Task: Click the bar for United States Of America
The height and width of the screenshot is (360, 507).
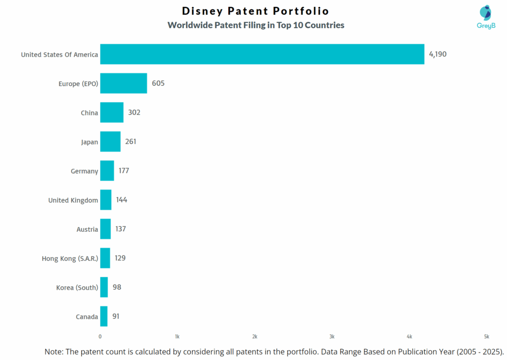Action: coord(262,54)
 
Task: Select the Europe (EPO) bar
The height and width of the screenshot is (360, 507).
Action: coord(123,83)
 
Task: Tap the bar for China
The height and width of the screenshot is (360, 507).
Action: coord(111,112)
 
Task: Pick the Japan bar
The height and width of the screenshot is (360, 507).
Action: coord(110,142)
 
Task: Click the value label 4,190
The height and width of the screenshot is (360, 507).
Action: coord(438,54)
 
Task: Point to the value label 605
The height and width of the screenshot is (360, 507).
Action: coord(158,83)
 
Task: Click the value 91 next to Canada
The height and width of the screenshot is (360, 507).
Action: coord(115,316)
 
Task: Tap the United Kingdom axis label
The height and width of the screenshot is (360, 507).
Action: coord(73,200)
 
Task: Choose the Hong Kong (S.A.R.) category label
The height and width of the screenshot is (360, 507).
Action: coord(70,258)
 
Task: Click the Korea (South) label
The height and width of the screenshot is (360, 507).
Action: coord(77,287)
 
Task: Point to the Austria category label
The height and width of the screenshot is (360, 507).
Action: coord(87,229)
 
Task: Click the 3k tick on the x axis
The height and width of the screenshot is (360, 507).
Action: coord(332,336)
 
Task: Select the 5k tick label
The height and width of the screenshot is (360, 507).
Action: coord(487,336)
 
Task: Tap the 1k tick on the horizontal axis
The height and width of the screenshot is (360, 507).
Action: coord(177,336)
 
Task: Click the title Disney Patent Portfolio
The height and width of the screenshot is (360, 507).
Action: coord(255,11)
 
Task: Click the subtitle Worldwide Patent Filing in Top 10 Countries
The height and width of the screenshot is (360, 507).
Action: coord(255,25)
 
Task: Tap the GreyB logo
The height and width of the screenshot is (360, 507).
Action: coord(486,18)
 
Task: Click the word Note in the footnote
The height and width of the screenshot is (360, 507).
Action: coord(53,351)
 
